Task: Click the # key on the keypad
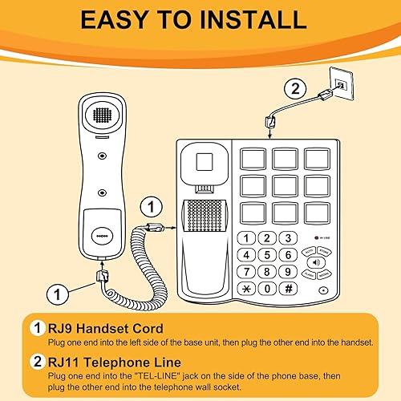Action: (x=287, y=288)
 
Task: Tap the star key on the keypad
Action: (x=248, y=288)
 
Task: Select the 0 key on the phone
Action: (x=267, y=288)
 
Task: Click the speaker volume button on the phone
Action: (x=316, y=261)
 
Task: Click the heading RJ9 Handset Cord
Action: (x=106, y=328)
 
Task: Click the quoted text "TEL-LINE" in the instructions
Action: (x=152, y=375)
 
